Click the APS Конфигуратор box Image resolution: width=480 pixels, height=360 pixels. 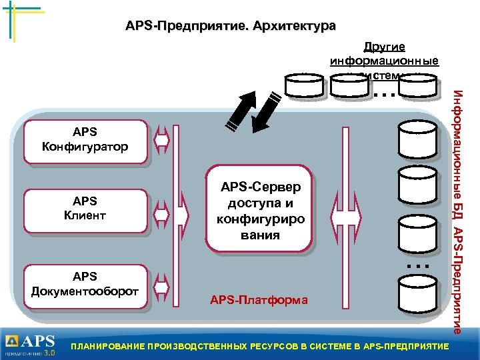point(85,141)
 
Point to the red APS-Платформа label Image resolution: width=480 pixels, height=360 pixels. point(259,300)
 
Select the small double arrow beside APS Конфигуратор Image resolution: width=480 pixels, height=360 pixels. point(162,141)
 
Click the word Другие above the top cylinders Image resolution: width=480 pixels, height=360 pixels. point(384,47)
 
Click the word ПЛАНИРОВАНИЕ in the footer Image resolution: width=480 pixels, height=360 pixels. point(113,347)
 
